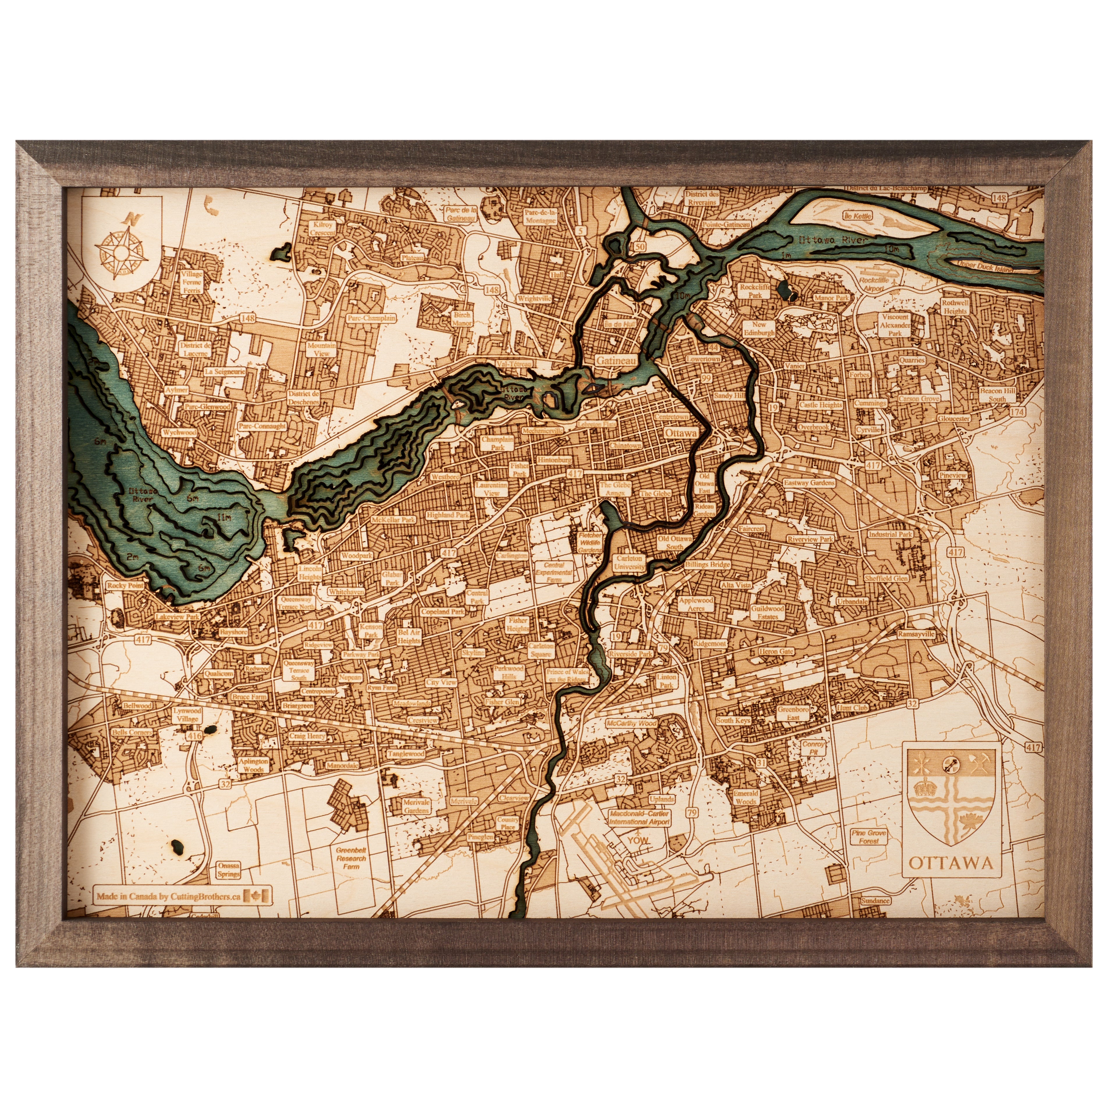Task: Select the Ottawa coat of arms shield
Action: point(950,797)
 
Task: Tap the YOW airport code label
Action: point(638,840)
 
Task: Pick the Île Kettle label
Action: point(858,216)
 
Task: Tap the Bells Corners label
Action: point(132,732)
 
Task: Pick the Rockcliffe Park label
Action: point(755,291)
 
